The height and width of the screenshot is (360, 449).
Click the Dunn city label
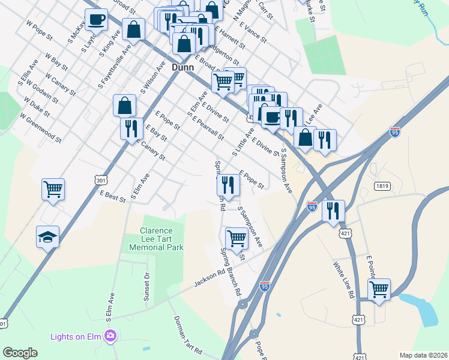pos(182,67)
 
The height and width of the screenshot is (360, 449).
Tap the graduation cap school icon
pos(47,236)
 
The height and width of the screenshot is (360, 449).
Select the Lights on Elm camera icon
pos(110,337)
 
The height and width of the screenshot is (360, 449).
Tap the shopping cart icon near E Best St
pos(53,189)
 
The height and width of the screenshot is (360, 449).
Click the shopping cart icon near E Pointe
pos(379,289)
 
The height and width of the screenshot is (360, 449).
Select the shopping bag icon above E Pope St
pos(124,105)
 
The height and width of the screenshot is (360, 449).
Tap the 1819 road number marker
pos(382,186)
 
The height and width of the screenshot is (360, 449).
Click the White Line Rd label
pos(342,280)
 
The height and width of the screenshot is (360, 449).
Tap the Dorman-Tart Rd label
pos(188,335)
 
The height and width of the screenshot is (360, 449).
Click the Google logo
pos(20,353)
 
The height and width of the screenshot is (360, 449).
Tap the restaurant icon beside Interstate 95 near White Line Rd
pos(333,210)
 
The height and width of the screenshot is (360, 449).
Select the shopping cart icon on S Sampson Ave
pos(237,238)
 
